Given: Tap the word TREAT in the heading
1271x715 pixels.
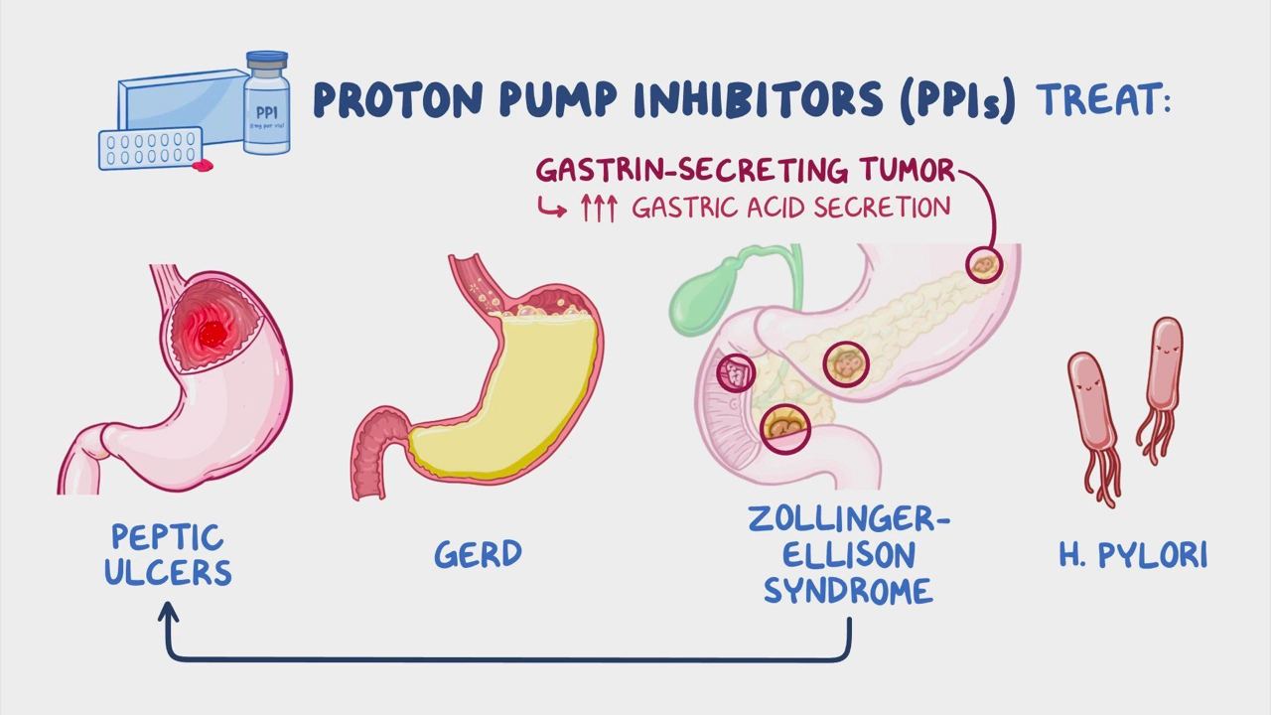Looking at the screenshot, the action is coord(1097,100).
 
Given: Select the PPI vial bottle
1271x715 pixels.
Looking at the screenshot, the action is coord(267,102).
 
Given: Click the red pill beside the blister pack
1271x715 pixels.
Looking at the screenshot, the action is coord(204,165).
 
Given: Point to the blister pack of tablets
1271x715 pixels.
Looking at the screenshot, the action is coord(150,148).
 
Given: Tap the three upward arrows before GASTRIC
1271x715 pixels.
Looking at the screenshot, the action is coord(598,209).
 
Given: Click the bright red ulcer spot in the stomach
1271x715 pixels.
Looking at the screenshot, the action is coord(212,334).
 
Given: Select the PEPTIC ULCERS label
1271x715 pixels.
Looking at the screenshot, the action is coord(168,554).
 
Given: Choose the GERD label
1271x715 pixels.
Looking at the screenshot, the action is coord(478,554).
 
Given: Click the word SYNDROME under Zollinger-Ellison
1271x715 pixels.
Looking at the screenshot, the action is coord(848,591).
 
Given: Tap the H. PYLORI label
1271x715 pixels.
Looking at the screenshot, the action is coord(1133,555).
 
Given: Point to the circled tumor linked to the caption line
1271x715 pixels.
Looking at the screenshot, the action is coord(984,265).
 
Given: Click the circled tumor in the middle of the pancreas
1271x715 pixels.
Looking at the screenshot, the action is coord(846,364).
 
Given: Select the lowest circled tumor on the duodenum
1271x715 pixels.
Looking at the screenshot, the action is coord(784,428).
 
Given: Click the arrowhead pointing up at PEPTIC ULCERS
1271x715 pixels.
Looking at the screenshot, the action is coord(169,612).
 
